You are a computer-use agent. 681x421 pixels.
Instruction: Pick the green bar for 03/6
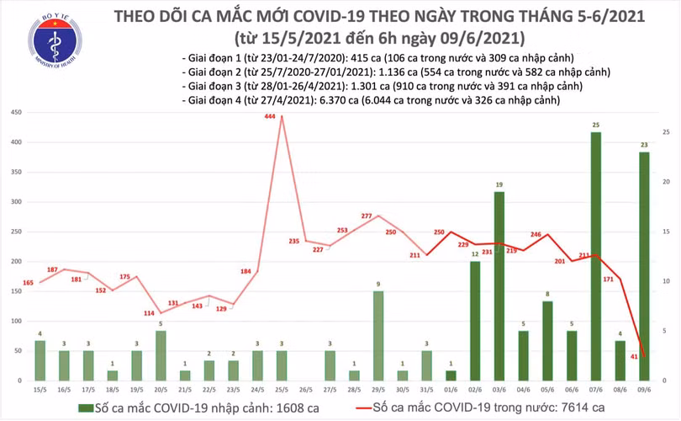pyautogui.click(x=499, y=286)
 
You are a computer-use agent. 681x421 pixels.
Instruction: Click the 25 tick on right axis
pyautogui.click(x=666, y=132)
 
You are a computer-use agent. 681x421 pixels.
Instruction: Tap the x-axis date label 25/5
pyautogui.click(x=282, y=391)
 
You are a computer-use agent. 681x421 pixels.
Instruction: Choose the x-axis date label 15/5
pyautogui.click(x=40, y=391)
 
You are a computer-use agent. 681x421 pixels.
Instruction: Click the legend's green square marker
pyautogui.click(x=85, y=408)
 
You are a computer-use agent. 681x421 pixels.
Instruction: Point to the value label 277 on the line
pyautogui.click(x=367, y=217)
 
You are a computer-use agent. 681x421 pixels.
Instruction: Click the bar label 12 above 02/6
pyautogui.click(x=474, y=254)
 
